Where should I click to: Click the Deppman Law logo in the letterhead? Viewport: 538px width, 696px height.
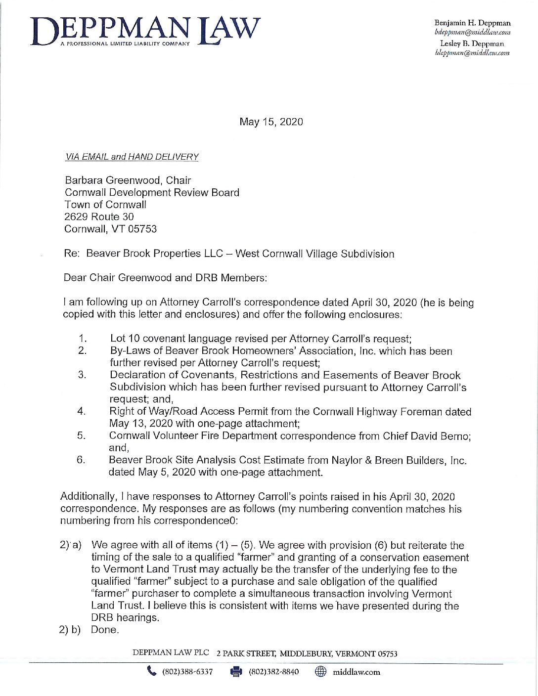coord(145,31)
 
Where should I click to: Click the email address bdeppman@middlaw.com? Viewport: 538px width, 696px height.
coord(472,33)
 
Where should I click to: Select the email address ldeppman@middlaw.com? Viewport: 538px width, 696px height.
coord(472,53)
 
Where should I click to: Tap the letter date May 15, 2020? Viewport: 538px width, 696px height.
coord(271,122)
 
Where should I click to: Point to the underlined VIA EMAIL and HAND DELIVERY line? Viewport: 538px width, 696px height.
coord(132,157)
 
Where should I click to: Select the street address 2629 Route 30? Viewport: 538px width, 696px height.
coord(99,217)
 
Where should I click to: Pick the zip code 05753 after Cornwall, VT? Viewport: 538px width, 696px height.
coord(142,229)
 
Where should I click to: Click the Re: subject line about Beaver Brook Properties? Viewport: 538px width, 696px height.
coord(229,254)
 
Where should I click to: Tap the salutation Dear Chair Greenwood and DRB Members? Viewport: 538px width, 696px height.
coord(165,278)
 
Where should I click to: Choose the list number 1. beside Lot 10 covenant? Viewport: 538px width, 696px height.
coord(83,339)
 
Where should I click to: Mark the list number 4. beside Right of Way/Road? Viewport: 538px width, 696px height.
coord(82,411)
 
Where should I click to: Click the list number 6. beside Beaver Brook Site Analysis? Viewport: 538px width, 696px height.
coord(81,460)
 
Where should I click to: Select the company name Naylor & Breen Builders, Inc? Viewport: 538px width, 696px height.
coord(398,460)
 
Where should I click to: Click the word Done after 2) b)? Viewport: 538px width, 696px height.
coord(105,630)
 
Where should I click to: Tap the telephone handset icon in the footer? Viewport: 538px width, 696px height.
coord(151,671)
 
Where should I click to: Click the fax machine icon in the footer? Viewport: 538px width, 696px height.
coord(236,671)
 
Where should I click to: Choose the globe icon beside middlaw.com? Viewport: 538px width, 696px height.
coord(320,671)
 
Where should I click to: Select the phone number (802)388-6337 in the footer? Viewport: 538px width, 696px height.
coord(187,672)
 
